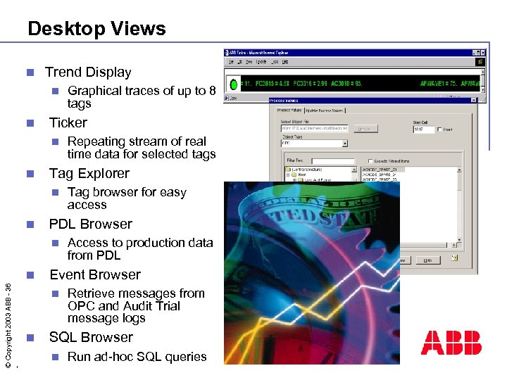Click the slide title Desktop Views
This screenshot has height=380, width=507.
(96, 29)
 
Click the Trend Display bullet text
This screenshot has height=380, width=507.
(88, 72)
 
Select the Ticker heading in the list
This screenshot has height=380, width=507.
(68, 122)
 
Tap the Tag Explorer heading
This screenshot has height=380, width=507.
(89, 173)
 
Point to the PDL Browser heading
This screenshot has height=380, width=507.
(90, 224)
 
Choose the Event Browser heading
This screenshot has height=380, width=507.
(94, 274)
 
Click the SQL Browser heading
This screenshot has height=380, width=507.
(90, 337)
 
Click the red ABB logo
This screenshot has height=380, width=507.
(451, 343)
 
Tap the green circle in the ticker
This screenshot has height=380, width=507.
(234, 84)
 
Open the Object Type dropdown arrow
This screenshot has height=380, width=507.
(344, 143)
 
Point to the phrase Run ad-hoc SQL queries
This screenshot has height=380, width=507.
(137, 357)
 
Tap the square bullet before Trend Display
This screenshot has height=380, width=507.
(29, 72)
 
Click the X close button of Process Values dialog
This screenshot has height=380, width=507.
(473, 101)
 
